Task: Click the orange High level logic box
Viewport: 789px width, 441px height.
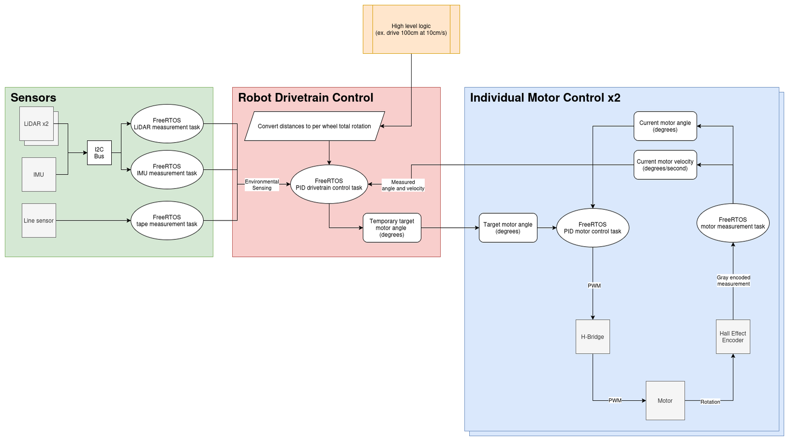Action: (411, 29)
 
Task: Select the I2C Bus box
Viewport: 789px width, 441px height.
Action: (99, 153)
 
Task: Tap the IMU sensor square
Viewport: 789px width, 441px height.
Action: (39, 175)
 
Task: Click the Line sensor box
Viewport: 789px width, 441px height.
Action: (39, 220)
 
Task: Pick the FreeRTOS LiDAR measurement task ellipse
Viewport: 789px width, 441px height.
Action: (167, 124)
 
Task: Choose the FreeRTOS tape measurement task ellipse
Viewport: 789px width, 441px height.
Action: (167, 220)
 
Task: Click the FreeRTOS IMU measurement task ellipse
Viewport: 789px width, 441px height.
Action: (167, 170)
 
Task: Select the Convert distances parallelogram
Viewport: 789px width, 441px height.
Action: (314, 126)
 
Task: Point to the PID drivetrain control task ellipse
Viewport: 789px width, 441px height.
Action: (329, 184)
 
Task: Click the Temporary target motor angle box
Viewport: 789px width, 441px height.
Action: (392, 228)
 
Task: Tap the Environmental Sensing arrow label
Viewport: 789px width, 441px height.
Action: (262, 185)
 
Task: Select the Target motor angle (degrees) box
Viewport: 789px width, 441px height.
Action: (508, 228)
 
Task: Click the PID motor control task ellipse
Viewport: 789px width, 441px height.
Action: (593, 228)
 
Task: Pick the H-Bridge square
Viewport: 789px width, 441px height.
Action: (593, 337)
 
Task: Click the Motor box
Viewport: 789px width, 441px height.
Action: (665, 400)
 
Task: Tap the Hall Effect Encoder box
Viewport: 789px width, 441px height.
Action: (733, 337)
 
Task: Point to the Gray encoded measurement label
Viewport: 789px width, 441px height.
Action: (733, 280)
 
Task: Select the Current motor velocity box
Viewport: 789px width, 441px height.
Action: (665, 165)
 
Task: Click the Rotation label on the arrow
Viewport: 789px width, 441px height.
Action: (710, 402)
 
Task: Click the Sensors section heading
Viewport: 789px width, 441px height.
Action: (33, 98)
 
